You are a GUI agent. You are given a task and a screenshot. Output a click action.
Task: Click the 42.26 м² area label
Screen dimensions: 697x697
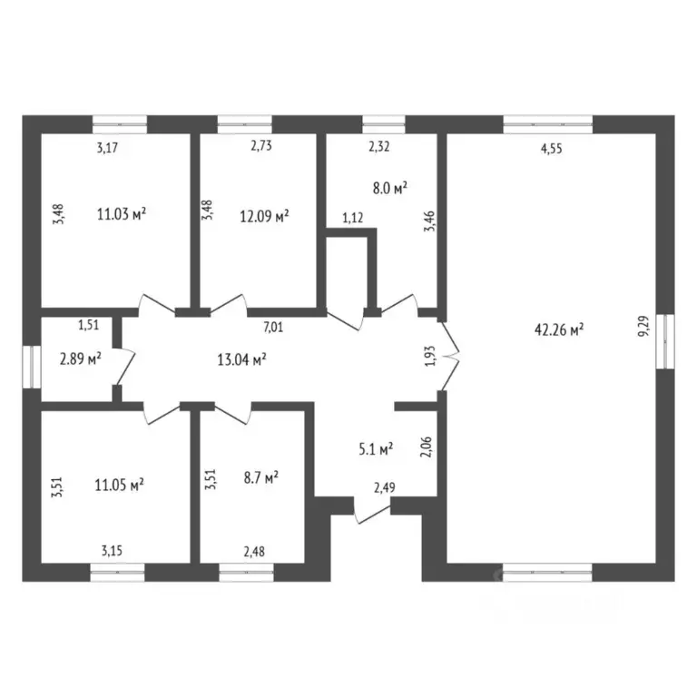[x=559, y=330]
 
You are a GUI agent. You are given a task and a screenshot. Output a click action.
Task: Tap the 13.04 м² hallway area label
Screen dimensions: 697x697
[x=241, y=359]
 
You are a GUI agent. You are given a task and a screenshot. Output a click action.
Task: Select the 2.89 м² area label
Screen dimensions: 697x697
[x=81, y=358]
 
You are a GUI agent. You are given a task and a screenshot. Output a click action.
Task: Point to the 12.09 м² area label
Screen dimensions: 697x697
[x=264, y=217]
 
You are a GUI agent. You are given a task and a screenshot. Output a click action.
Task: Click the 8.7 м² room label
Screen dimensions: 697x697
[x=261, y=478]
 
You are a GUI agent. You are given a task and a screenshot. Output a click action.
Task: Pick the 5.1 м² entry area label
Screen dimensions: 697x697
[x=376, y=449]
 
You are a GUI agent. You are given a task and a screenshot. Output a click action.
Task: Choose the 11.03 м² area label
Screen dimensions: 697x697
[x=122, y=214]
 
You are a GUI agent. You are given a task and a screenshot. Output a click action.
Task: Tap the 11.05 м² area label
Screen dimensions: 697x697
[x=119, y=485]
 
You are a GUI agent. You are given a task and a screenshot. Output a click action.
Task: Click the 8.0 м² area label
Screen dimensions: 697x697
[x=390, y=189]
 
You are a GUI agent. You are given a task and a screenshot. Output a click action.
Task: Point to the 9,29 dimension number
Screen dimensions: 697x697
[x=643, y=326]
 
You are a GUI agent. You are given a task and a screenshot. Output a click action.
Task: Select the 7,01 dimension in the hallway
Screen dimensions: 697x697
[x=273, y=328]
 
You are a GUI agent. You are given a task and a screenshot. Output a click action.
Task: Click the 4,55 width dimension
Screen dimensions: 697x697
[x=551, y=149]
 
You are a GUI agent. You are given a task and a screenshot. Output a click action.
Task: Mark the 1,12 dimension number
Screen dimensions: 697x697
[x=352, y=218]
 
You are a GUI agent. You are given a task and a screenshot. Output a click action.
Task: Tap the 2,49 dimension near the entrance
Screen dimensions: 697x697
[x=385, y=488]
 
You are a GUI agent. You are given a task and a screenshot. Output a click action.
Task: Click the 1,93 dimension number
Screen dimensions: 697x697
[x=430, y=357]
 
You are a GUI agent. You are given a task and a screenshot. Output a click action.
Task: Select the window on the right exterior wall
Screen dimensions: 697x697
[x=665, y=341]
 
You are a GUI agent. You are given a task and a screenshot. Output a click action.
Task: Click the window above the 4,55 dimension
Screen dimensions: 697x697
[x=547, y=124]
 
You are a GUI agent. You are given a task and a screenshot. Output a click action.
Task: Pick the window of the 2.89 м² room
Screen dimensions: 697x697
[x=32, y=367]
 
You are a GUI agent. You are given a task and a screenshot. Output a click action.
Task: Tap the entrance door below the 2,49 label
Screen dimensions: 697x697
[x=372, y=511]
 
